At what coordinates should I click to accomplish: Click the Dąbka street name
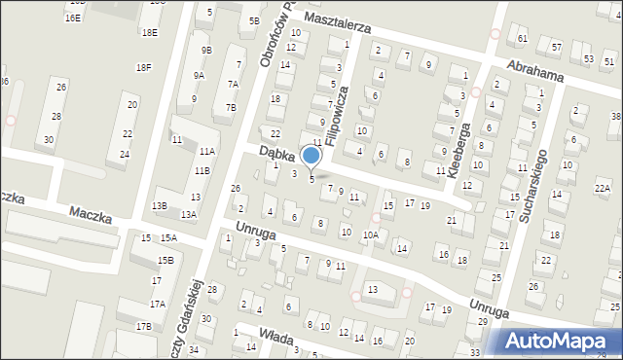[x=277, y=154]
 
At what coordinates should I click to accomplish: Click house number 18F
[x=144, y=67]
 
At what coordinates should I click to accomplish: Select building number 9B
[x=206, y=50]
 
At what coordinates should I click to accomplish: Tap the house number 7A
[x=233, y=84]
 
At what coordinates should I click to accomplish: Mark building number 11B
[x=202, y=171]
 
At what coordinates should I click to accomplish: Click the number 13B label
[x=160, y=205]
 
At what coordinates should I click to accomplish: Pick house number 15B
[x=166, y=260]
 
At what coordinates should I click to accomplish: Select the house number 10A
[x=371, y=234]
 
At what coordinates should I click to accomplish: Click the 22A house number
[x=603, y=189]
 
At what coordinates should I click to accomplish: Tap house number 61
[x=523, y=38]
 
